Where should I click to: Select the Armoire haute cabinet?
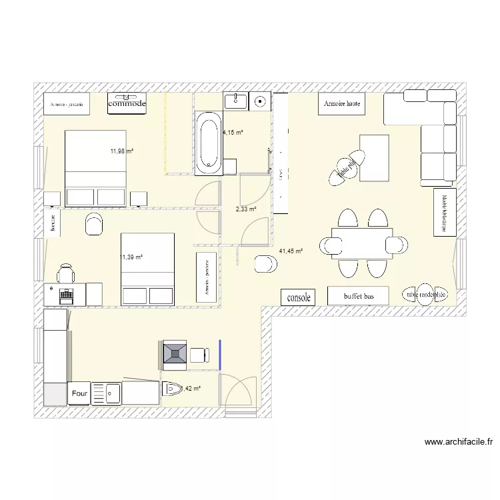[x=343, y=104]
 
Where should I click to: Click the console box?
[x=298, y=298]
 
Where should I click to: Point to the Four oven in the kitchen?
[x=79, y=394]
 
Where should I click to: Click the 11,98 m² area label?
[x=122, y=151]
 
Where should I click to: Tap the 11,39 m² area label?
[x=131, y=256]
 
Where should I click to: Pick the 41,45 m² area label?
[x=291, y=251]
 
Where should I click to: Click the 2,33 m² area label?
[x=246, y=209]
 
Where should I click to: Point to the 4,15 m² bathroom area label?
[x=233, y=133]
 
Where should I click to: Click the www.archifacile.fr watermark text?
[x=458, y=442]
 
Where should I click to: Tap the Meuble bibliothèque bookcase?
[x=441, y=213]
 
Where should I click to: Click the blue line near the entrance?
[x=220, y=354]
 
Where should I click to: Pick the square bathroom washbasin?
[x=235, y=101]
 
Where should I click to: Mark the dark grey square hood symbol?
[x=175, y=353]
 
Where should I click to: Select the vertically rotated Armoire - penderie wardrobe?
[x=207, y=277]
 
